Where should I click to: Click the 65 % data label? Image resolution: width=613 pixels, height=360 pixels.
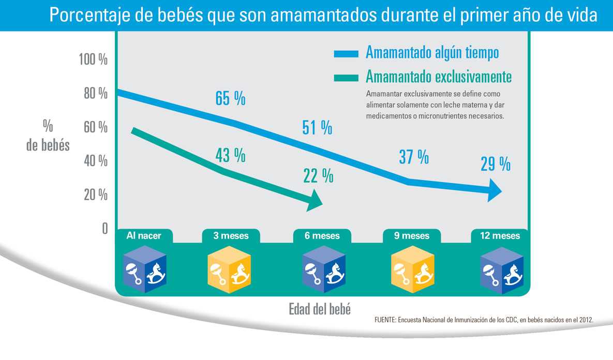230,98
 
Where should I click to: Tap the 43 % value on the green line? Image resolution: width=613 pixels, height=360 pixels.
230,155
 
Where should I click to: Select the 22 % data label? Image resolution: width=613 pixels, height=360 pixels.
318,176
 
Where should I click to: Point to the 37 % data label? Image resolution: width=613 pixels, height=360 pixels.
413,157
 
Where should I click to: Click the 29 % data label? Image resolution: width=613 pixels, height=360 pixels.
495,164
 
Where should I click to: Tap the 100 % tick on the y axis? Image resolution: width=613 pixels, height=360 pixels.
93,59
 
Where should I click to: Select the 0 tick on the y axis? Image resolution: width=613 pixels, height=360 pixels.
104,229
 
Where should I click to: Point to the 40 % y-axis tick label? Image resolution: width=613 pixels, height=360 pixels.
95,161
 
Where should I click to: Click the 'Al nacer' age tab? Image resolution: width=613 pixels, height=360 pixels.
144,236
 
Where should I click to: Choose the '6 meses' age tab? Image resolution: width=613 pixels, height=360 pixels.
322,236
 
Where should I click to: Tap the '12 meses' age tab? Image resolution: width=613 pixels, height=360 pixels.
499,236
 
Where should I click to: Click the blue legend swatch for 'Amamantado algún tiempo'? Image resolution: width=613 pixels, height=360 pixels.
346,54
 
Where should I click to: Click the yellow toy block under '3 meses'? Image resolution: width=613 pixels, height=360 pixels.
229,268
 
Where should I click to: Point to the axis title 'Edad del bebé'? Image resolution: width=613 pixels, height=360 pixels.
320,310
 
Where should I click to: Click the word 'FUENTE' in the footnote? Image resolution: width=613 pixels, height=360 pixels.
384,321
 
